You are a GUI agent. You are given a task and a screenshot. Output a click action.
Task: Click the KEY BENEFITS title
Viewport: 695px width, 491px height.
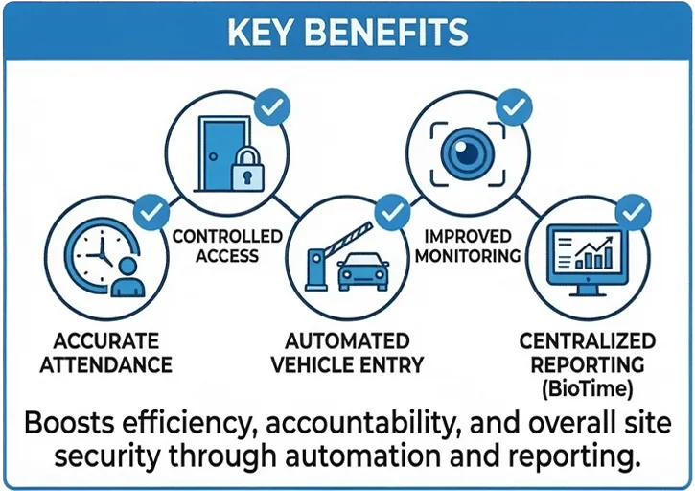click(347, 31)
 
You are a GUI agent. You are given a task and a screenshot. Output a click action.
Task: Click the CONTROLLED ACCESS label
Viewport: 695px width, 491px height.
click(228, 245)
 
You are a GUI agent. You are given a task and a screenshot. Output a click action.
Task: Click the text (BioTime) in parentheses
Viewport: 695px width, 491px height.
click(586, 388)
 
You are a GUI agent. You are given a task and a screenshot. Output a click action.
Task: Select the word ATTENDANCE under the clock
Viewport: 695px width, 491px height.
click(113, 364)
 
